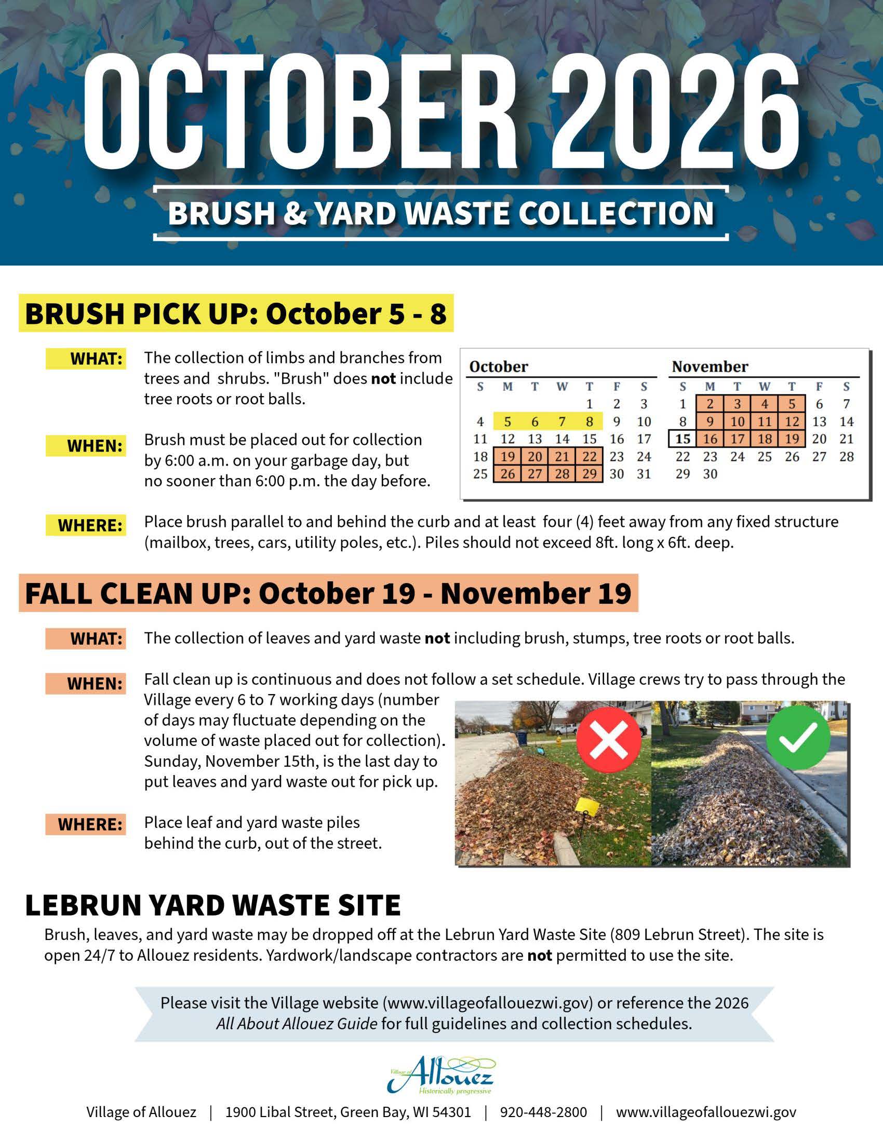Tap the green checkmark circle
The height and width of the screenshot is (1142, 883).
(x=798, y=737)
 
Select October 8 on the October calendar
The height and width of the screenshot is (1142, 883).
(x=590, y=422)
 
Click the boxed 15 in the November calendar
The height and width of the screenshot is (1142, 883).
(x=683, y=439)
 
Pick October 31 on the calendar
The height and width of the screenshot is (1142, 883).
(x=644, y=474)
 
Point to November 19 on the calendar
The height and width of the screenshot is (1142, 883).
(x=792, y=439)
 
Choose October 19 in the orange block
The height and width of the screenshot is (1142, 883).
(x=507, y=456)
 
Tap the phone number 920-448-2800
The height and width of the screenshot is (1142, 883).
(x=543, y=1112)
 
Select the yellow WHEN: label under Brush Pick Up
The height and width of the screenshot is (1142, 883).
(x=86, y=446)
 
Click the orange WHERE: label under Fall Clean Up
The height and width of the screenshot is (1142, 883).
(x=86, y=824)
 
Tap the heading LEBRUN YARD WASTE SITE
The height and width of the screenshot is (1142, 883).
(x=213, y=905)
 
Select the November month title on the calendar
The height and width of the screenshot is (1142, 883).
(x=710, y=366)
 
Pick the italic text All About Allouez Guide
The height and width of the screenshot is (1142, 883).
(x=297, y=1023)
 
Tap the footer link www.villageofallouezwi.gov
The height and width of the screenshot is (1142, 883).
(x=706, y=1112)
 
